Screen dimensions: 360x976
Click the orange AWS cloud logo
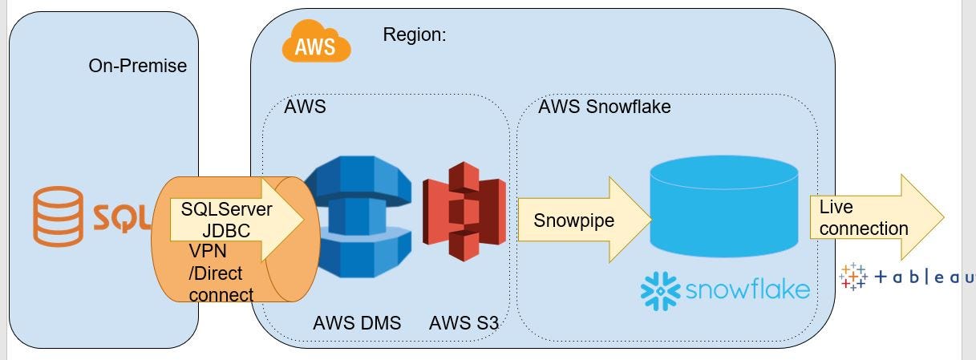click(316, 42)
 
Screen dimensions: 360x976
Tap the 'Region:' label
click(414, 34)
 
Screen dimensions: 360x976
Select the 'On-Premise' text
click(137, 66)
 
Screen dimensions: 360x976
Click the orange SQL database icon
click(57, 216)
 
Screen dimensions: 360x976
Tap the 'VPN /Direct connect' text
click(220, 273)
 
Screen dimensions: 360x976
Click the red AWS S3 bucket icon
click(464, 212)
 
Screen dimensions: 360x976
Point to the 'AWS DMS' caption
click(357, 324)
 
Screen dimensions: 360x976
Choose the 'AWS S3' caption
click(464, 324)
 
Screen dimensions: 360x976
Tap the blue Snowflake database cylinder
click(723, 204)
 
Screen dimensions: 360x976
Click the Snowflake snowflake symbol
click(660, 290)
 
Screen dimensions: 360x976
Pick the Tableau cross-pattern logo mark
click(852, 276)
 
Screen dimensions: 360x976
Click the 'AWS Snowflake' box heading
click(604, 107)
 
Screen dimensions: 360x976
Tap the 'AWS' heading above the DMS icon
click(305, 107)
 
